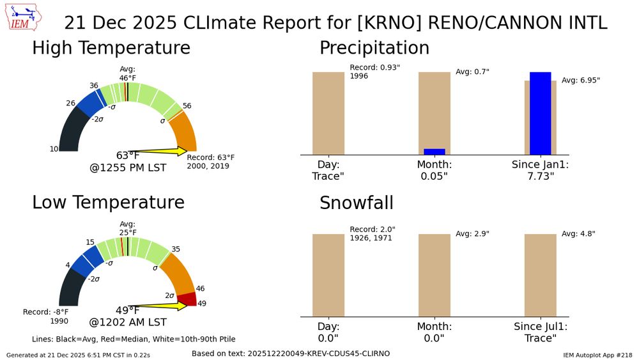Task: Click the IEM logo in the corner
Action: point(24,17)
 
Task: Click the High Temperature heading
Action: point(111,48)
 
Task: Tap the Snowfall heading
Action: point(357,203)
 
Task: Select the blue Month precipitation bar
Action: point(435,152)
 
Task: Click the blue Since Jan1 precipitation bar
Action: point(541,113)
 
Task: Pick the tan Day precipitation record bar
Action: point(328,113)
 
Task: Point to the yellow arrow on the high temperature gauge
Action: point(157,152)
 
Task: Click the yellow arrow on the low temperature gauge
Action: point(157,306)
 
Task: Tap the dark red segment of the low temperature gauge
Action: point(187,299)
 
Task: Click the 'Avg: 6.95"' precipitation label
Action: point(581,81)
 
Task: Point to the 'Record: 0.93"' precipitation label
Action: point(375,67)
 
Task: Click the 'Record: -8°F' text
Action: point(45,312)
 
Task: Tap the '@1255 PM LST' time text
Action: point(128,168)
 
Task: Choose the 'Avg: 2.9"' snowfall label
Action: point(472,233)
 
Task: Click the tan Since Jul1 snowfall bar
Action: point(541,275)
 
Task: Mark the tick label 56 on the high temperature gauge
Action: point(187,106)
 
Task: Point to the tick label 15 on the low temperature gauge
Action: point(90,242)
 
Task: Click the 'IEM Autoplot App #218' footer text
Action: point(597,355)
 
